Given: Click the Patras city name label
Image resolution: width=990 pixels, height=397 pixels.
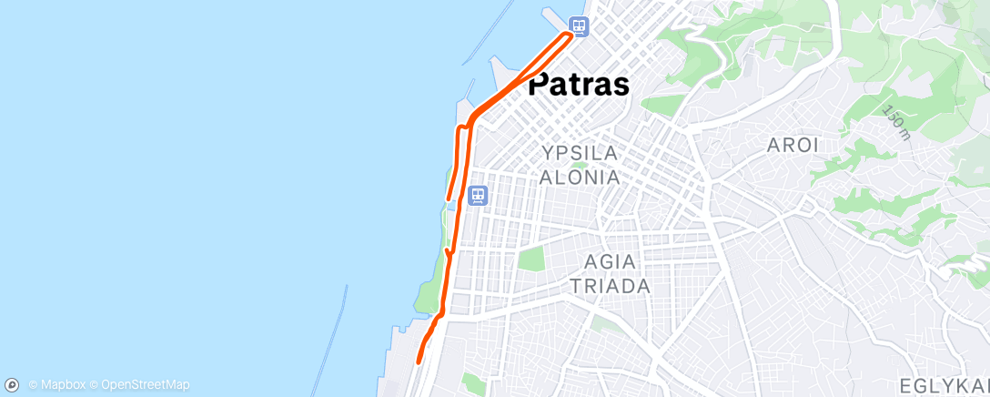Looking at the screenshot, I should click(x=579, y=85).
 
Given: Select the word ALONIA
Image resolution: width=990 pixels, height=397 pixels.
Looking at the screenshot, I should click(x=580, y=177).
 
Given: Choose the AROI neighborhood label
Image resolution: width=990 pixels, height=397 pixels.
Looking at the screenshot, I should click(x=793, y=145).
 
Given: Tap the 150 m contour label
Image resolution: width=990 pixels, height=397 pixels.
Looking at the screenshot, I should click(x=895, y=122).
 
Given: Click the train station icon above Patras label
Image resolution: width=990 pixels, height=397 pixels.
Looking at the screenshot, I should click(x=578, y=25).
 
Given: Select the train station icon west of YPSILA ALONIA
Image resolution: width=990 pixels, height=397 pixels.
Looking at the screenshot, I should click(x=478, y=195).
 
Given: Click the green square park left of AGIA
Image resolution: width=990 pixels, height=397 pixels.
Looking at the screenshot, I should click(x=530, y=259).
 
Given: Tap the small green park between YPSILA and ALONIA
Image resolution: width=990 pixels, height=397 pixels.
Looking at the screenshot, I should click(x=580, y=165).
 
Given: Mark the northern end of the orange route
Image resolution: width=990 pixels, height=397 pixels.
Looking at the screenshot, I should click(x=571, y=34).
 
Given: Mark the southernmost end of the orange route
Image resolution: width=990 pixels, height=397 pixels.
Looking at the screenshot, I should click(x=418, y=361).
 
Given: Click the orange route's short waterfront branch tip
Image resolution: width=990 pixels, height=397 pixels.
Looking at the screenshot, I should click(x=447, y=198).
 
